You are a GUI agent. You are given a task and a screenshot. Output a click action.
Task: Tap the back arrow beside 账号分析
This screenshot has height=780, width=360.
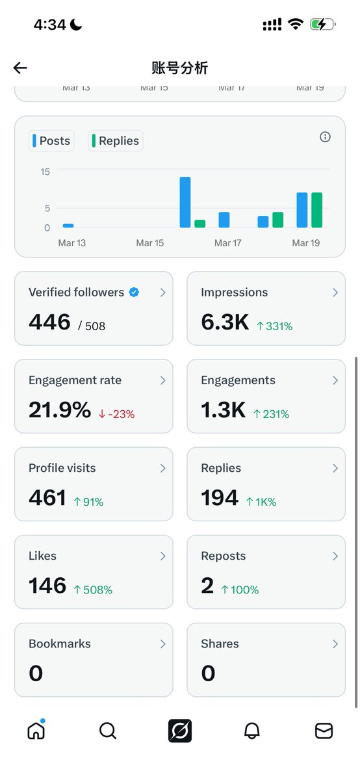pyautogui.click(x=20, y=68)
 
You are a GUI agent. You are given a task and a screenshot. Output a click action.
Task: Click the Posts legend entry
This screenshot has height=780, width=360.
pyautogui.click(x=51, y=141)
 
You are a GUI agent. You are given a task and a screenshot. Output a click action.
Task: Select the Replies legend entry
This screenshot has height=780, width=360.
pyautogui.click(x=115, y=141)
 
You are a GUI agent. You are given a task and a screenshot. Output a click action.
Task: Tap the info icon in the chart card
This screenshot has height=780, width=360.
pyautogui.click(x=326, y=137)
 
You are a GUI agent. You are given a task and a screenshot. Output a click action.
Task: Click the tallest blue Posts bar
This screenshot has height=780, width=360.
pyautogui.click(x=185, y=202)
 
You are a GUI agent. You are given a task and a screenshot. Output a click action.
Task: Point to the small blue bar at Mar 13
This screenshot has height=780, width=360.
pyautogui.click(x=68, y=226)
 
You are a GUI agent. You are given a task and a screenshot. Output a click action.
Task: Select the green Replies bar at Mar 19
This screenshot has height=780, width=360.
pyautogui.click(x=316, y=210)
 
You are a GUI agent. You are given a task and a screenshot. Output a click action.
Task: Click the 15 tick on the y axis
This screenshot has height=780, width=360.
pyautogui.click(x=45, y=172)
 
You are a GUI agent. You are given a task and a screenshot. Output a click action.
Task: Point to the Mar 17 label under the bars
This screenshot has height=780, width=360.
pyautogui.click(x=227, y=243)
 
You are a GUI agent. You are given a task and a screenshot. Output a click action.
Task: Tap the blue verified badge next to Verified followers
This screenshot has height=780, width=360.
pyautogui.click(x=134, y=292)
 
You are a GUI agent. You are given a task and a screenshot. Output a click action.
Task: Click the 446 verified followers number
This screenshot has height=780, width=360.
pyautogui.click(x=49, y=322)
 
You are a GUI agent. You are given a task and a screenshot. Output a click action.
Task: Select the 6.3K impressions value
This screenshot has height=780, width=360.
pyautogui.click(x=225, y=322)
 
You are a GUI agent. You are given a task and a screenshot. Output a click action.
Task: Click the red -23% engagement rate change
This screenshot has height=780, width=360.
pyautogui.click(x=116, y=414)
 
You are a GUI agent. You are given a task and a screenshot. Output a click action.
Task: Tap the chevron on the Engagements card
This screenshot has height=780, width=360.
pyautogui.click(x=335, y=380)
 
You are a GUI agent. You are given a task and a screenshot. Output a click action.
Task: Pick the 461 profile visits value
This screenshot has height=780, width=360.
pyautogui.click(x=47, y=498)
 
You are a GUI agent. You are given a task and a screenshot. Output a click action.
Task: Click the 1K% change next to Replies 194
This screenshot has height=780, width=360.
pyautogui.click(x=261, y=502)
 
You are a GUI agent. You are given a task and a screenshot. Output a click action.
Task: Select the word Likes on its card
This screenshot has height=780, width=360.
pyautogui.click(x=42, y=556)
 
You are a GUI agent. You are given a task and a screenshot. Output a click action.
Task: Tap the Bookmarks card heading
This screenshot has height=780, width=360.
pyautogui.click(x=60, y=643)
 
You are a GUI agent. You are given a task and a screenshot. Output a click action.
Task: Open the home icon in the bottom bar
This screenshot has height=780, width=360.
pyautogui.click(x=36, y=731)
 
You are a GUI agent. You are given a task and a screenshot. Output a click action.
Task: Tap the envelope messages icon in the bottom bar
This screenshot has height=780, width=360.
pyautogui.click(x=324, y=731)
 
